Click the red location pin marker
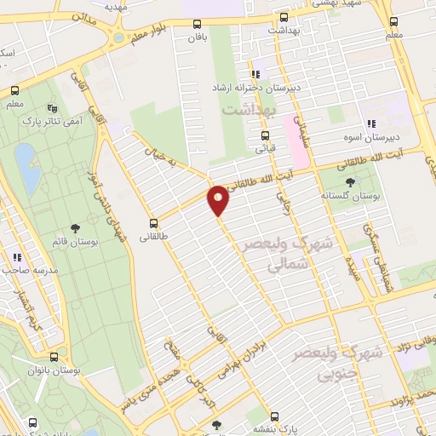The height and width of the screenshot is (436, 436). tap(219, 199)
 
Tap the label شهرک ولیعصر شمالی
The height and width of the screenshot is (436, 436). tap(266, 254)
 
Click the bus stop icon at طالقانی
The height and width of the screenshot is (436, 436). tap(154, 215)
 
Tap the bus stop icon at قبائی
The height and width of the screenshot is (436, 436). tap(266, 135)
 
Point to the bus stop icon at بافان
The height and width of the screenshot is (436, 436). tap(198, 25)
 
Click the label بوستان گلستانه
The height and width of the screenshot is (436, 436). tap(350, 195)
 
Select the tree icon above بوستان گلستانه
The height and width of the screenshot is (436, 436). tap(350, 181)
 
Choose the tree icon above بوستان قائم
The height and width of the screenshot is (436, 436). tap(76, 227)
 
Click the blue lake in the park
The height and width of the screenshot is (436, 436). tap(27, 169)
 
